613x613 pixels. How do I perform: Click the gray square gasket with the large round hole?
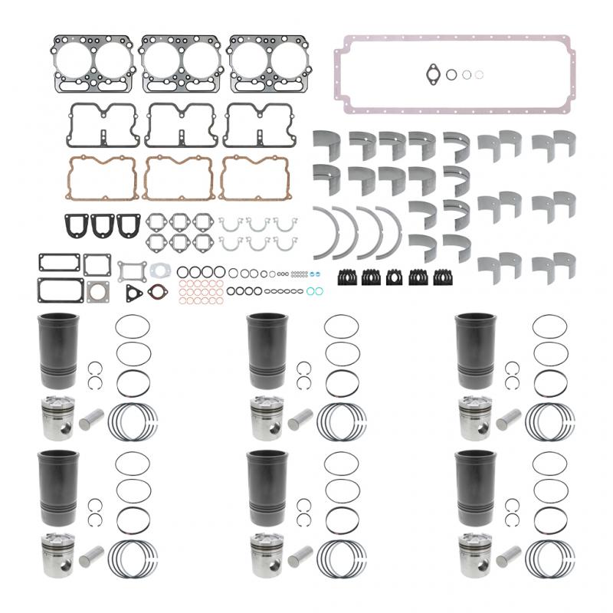[x=97, y=290]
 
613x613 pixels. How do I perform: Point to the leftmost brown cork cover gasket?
[x=101, y=177]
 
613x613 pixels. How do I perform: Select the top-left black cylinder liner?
[x=57, y=352]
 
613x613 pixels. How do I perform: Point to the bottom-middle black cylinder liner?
[x=266, y=487]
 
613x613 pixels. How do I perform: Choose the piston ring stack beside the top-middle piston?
[x=342, y=421]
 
